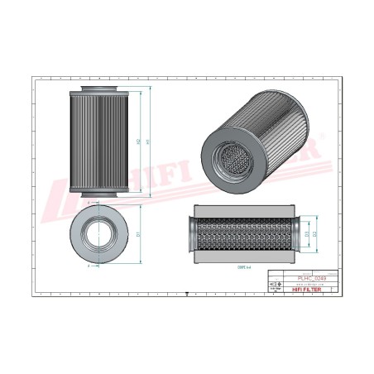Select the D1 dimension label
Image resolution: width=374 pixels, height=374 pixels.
coord(138,234)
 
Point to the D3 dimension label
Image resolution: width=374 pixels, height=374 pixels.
coord(305,234)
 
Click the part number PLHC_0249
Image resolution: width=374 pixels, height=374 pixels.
coord(310,279)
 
